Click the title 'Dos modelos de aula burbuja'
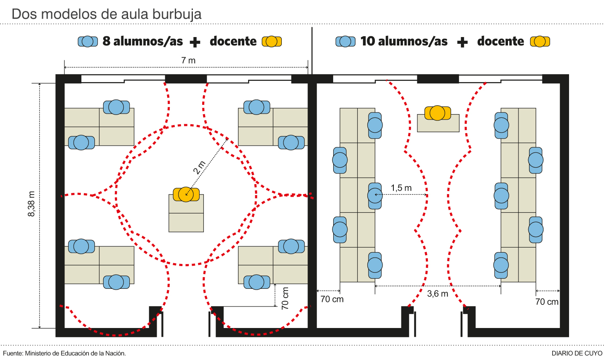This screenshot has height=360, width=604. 106,14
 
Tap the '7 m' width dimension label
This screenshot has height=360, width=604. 188,60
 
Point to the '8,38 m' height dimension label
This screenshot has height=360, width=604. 32,204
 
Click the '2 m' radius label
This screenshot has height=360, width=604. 199,167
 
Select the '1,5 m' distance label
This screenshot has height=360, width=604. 401,188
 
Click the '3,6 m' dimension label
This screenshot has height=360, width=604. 438,293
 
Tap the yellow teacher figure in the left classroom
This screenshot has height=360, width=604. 186,194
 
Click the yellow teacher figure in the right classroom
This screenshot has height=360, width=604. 438,113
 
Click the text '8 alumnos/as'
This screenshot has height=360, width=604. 143,41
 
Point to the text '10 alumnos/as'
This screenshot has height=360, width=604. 404,41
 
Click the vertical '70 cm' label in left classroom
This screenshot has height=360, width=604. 285,298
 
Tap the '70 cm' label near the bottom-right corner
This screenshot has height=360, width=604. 547,301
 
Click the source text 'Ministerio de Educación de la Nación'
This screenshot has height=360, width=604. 75,353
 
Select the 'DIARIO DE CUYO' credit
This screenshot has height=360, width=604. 577,353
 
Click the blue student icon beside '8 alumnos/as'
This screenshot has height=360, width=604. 88,41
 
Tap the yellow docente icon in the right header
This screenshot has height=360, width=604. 540,41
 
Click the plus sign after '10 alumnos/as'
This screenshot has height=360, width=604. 462,42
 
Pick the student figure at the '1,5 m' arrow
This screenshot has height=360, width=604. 375,195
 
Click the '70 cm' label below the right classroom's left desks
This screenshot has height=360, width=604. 332,299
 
